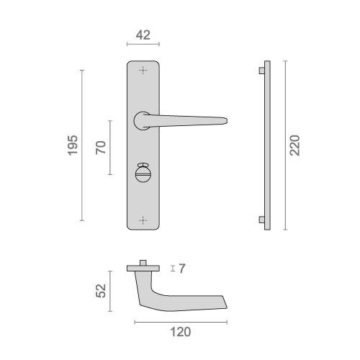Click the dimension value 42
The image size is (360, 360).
[143, 34]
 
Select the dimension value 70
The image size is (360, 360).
[101, 147]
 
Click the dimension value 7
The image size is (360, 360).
[183, 269]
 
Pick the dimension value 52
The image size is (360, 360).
[101, 290]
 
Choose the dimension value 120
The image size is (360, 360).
[180, 332]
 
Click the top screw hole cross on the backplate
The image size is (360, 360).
[143, 71]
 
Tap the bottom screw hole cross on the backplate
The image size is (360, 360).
[143, 218]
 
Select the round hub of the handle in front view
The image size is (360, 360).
[142, 118]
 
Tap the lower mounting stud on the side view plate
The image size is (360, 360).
[259, 219]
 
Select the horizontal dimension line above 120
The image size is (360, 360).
[180, 322]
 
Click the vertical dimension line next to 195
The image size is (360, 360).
[82, 145]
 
